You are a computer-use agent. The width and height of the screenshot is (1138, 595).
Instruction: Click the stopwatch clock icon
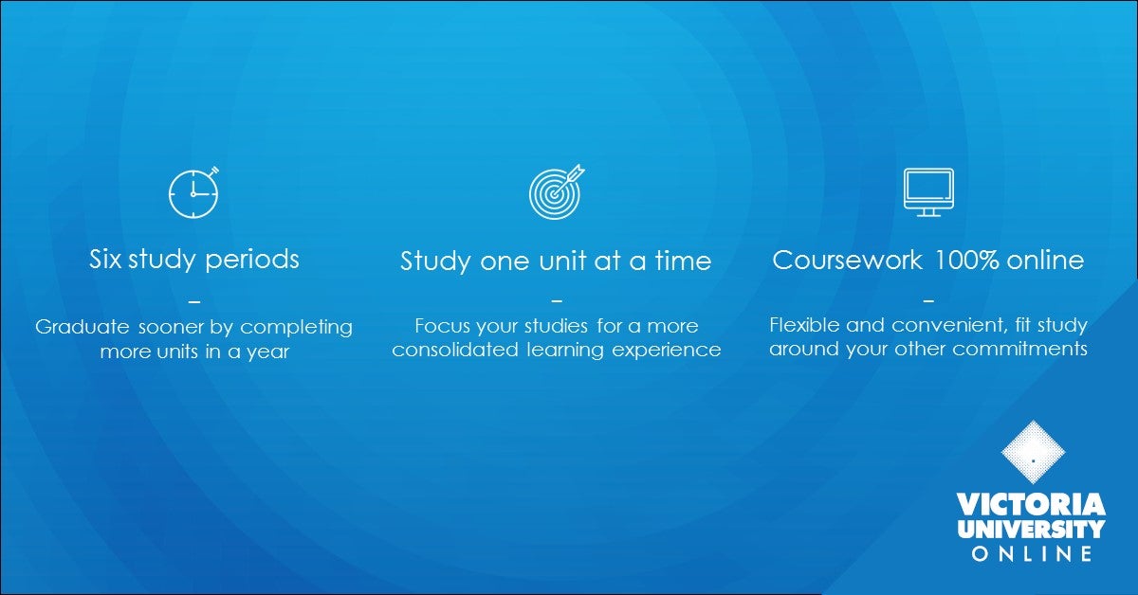(193, 193)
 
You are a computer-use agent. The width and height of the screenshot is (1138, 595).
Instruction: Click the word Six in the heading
(107, 259)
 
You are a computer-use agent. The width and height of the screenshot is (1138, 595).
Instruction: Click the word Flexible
(804, 325)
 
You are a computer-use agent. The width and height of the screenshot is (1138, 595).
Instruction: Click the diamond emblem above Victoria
(1033, 454)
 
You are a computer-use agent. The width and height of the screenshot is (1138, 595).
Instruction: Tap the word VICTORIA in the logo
(1032, 503)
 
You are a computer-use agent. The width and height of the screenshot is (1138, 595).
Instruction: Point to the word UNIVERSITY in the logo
(1032, 529)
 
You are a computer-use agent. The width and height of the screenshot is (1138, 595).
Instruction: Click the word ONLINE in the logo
(1032, 553)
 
